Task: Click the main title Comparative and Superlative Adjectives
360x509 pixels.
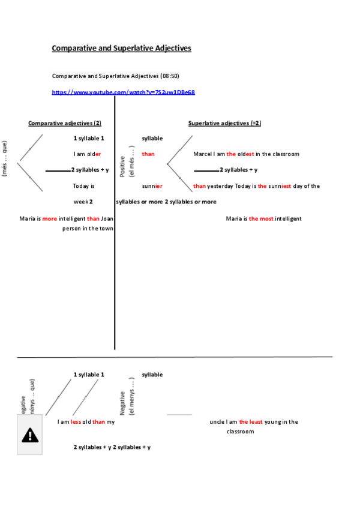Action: pos(121,48)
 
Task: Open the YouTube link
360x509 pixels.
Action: pos(123,92)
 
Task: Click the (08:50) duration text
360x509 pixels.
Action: pos(170,76)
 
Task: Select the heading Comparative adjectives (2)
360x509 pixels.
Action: pos(65,123)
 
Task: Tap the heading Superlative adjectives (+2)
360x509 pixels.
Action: pos(224,123)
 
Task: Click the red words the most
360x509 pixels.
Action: pos(261,218)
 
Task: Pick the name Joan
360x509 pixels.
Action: pos(107,218)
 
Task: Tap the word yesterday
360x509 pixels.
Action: pos(220,186)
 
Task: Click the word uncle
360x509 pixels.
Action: pos(217,422)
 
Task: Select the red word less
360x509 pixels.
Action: pos(76,422)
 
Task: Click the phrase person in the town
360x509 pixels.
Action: pos(88,229)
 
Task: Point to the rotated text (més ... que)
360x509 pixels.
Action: pos(5,158)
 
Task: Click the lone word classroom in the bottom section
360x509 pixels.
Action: pos(240,432)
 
